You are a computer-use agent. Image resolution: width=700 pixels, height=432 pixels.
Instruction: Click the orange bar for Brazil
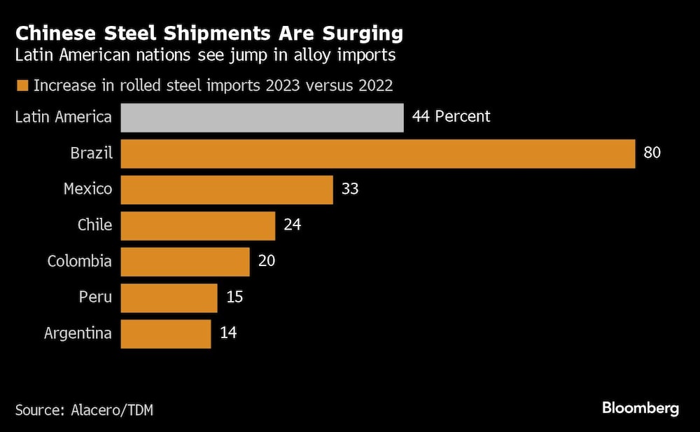point(378,153)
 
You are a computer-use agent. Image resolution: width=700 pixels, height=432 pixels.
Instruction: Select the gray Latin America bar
point(262,117)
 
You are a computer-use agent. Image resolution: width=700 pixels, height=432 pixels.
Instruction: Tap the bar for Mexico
point(227,190)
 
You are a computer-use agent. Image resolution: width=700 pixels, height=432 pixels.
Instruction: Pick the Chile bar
point(198,225)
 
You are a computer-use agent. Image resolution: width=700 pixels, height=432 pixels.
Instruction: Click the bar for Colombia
point(185,261)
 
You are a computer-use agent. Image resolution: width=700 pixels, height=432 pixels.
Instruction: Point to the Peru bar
point(169,298)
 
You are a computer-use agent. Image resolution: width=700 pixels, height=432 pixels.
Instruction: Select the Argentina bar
point(166,333)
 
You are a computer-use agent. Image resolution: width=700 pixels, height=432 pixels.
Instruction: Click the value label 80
point(652,153)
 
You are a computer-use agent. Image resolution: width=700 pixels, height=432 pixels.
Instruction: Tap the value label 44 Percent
point(451,117)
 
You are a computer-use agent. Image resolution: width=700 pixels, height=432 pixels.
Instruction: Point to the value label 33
point(350,190)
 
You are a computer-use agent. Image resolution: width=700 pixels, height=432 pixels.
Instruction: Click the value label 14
point(228,333)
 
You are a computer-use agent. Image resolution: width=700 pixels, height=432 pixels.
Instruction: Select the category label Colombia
point(80,261)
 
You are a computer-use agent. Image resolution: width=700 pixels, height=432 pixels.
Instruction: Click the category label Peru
point(96,298)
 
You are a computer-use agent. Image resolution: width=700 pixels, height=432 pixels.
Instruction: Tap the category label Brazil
point(92,153)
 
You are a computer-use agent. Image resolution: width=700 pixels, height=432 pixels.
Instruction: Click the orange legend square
point(21,86)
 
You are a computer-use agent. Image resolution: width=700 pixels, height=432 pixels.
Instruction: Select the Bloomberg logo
point(640,408)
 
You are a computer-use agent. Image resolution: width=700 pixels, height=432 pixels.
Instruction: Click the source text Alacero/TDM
point(113,410)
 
